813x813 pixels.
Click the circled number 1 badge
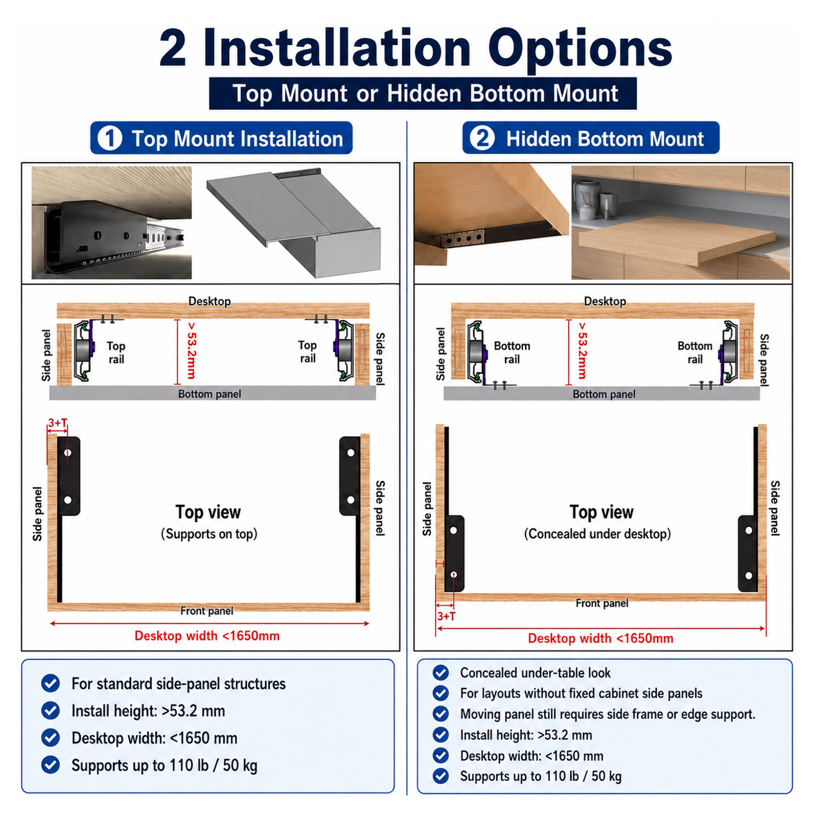click(110, 138)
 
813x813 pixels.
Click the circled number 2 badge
click(482, 138)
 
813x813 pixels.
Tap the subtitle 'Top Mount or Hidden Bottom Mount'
click(425, 93)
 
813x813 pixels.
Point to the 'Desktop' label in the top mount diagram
click(209, 302)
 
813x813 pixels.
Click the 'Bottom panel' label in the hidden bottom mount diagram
click(604, 394)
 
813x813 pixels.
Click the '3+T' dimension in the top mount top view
click(58, 423)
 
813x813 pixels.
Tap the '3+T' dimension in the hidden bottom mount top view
click(447, 616)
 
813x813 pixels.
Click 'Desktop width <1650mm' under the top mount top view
click(207, 636)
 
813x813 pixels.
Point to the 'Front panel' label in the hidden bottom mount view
click(602, 603)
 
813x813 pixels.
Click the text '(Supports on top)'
click(209, 534)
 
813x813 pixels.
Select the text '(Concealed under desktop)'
click(598, 534)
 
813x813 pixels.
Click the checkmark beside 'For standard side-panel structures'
click(50, 683)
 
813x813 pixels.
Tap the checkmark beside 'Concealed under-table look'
click(441, 672)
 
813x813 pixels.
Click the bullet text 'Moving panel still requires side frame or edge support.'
click(607, 714)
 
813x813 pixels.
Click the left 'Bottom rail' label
click(511, 353)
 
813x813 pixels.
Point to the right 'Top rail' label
click(307, 351)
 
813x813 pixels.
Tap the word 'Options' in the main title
click(580, 49)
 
